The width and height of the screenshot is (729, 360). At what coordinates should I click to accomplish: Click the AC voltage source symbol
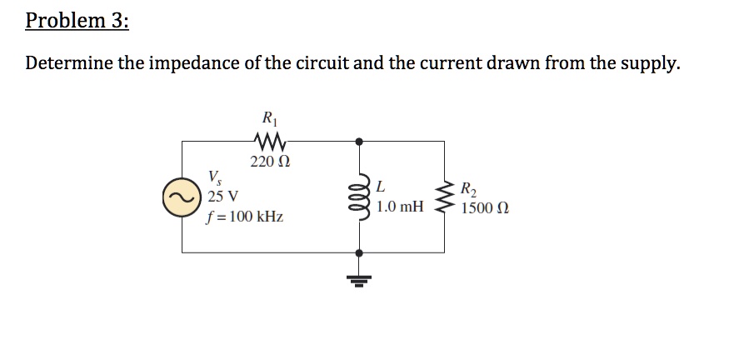click(182, 198)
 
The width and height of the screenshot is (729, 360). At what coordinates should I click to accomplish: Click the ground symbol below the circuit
click(360, 275)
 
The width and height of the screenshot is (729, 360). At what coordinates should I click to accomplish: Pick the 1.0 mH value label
click(400, 206)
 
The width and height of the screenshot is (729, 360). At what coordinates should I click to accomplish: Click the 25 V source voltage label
click(222, 197)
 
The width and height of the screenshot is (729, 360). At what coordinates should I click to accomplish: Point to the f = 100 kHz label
click(244, 217)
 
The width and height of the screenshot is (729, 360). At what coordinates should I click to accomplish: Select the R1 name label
click(269, 117)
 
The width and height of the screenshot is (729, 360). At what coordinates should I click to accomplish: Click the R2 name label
click(470, 187)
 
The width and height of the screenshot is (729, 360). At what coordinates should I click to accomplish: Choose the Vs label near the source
click(215, 177)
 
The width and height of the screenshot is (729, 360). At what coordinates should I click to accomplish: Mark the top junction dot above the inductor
click(360, 142)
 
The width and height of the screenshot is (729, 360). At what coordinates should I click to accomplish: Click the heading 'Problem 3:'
click(77, 21)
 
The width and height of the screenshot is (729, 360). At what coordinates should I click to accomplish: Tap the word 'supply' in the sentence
click(650, 64)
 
